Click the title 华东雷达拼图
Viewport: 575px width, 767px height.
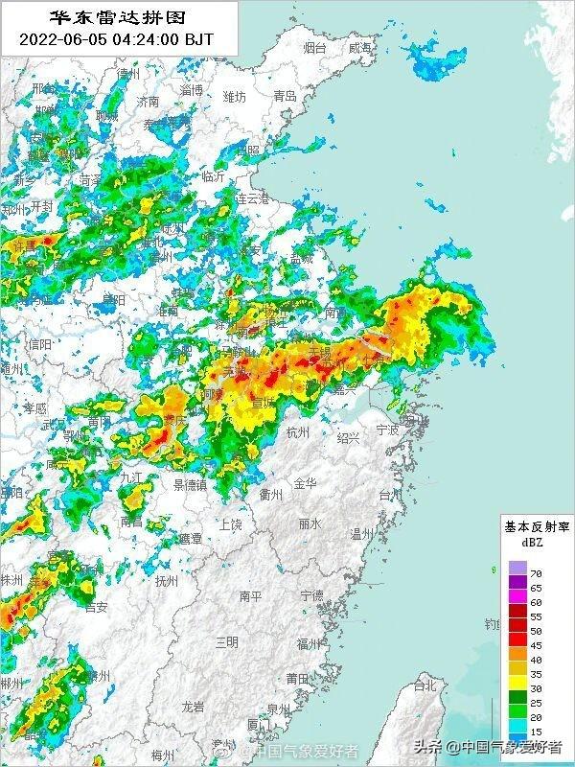click(x=118, y=17)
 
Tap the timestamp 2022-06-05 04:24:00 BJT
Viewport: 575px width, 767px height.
click(x=118, y=39)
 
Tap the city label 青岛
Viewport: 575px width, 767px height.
click(x=285, y=96)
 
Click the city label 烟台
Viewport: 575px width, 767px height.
click(x=314, y=47)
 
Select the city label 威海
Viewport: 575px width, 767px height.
click(x=360, y=47)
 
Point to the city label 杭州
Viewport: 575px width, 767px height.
click(x=298, y=432)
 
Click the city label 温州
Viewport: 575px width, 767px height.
click(x=362, y=533)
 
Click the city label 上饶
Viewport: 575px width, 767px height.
click(x=230, y=523)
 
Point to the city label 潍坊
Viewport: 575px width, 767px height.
click(x=234, y=97)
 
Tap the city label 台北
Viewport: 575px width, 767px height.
click(x=423, y=686)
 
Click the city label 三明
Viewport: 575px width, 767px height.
click(x=226, y=640)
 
